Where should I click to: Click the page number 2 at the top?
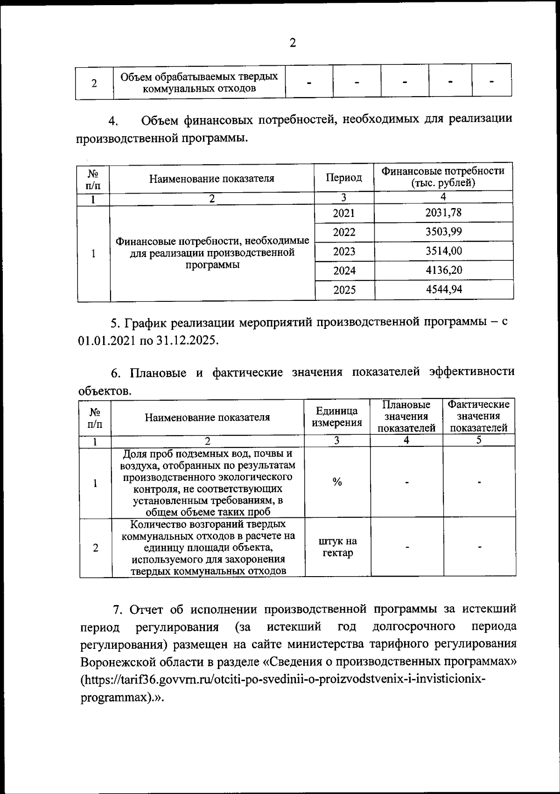[x=293, y=43]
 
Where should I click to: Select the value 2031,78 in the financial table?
[x=443, y=213]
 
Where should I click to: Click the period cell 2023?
[x=344, y=251]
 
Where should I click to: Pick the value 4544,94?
[x=444, y=290]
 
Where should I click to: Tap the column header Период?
[x=344, y=178]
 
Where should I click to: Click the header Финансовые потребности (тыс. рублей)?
[x=443, y=177]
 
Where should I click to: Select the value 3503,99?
[x=443, y=232]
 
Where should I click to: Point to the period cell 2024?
[x=344, y=271]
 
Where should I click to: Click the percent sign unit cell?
[x=337, y=482]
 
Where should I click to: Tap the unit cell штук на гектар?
[x=337, y=547]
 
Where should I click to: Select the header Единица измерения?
[x=337, y=417]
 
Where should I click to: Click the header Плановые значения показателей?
[x=406, y=416]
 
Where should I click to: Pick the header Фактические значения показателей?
[x=478, y=416]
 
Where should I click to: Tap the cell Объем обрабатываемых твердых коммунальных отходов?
[x=199, y=82]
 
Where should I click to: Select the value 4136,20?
[x=444, y=270]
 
